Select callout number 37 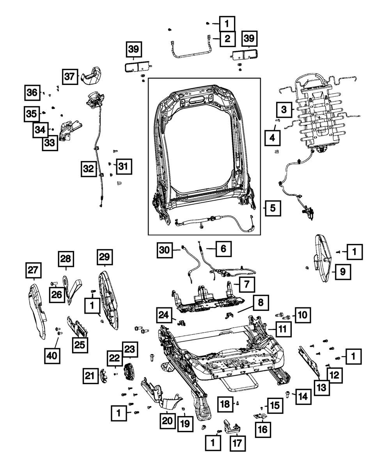point(69,76)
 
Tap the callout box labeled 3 point(285,109)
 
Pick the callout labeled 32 point(89,169)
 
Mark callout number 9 point(342,272)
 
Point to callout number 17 point(238,443)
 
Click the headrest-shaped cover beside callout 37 point(90,75)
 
